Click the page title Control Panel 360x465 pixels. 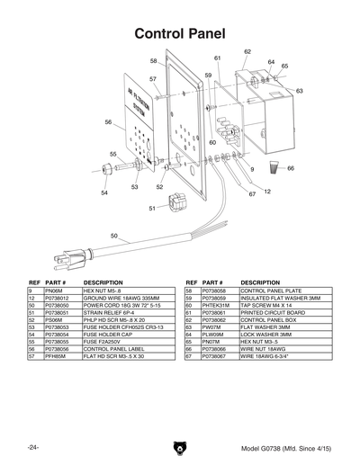[x=180, y=33]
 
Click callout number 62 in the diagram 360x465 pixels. [x=247, y=52]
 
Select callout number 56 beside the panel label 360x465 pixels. [x=108, y=121]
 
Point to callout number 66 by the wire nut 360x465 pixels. [x=291, y=168]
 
